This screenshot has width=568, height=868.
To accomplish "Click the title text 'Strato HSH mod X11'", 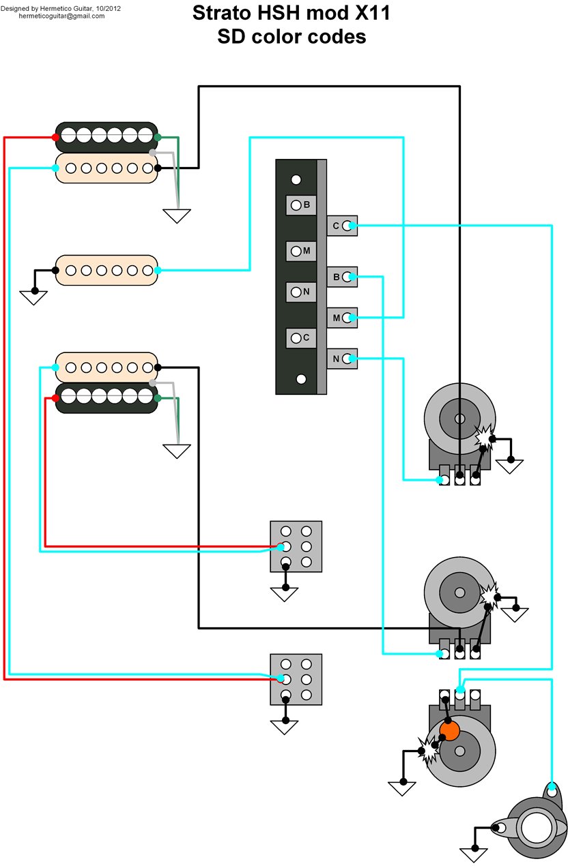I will coord(292,13).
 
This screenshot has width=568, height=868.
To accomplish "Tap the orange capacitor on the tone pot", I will coord(449,732).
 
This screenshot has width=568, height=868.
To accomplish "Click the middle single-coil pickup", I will coord(106,269).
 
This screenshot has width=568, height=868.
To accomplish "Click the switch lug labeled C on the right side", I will coord(343,225).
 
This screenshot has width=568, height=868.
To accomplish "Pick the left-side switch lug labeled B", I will coord(300,205).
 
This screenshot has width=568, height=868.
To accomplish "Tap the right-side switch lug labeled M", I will coord(343,318).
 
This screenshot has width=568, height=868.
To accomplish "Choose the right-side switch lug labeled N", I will coord(343,359).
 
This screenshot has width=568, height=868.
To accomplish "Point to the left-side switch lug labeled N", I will coord(300,292).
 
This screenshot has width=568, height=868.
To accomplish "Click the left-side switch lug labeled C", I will coord(300,337).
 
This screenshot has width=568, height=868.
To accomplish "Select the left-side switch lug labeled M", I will coord(300,251).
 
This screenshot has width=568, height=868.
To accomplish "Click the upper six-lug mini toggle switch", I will coord(296,546).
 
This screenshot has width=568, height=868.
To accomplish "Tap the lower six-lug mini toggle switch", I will coord(296,679).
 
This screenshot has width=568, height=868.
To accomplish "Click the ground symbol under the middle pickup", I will coord(33,297).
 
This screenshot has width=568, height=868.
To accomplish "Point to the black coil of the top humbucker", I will coord(106,136).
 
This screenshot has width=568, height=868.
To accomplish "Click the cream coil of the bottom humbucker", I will coord(106,366).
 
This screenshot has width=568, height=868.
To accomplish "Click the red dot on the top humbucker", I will coord(55,138).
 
